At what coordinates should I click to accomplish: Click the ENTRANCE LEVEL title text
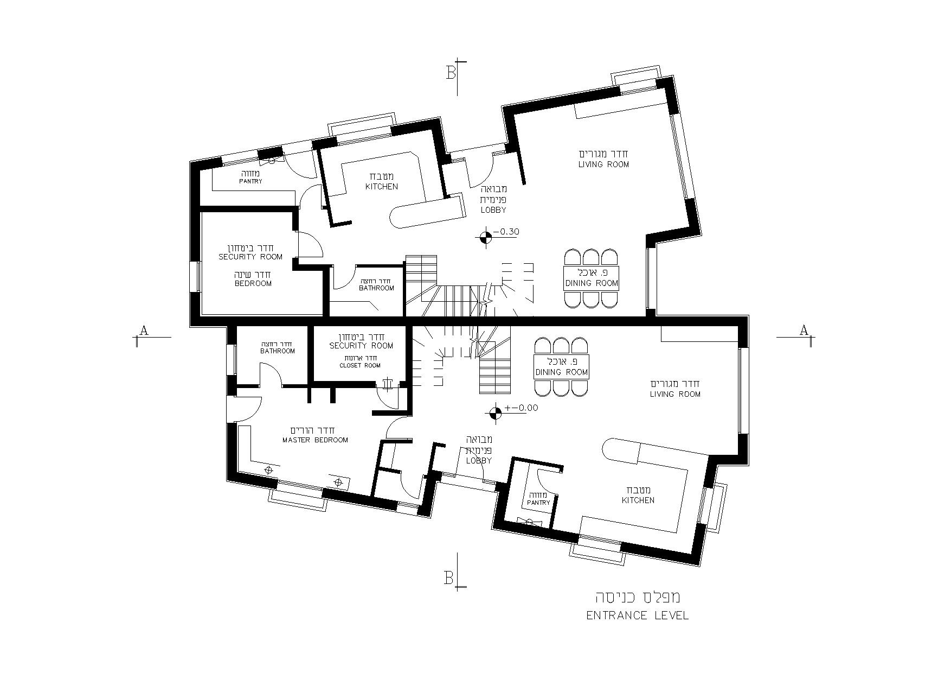click(638, 615)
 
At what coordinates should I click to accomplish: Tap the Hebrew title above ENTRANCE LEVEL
click(638, 597)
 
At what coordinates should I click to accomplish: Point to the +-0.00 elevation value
click(521, 408)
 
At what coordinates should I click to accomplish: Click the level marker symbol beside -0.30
click(485, 237)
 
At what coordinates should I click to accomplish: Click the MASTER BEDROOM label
click(315, 440)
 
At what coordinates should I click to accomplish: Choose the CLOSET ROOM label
click(360, 365)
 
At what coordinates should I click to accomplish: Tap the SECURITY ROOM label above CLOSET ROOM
click(361, 345)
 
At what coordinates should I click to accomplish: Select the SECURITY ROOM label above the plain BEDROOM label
click(250, 257)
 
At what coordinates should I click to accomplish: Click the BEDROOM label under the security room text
click(253, 283)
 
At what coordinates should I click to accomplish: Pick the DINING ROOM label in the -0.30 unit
click(592, 283)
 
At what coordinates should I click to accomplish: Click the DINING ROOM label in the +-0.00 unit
click(562, 372)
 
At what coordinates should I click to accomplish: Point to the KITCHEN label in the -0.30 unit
click(381, 186)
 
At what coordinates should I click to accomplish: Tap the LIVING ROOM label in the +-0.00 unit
click(675, 394)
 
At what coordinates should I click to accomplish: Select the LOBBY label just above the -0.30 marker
click(493, 210)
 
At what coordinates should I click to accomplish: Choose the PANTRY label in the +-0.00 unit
click(538, 503)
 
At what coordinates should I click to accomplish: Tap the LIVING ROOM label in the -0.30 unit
click(603, 164)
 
